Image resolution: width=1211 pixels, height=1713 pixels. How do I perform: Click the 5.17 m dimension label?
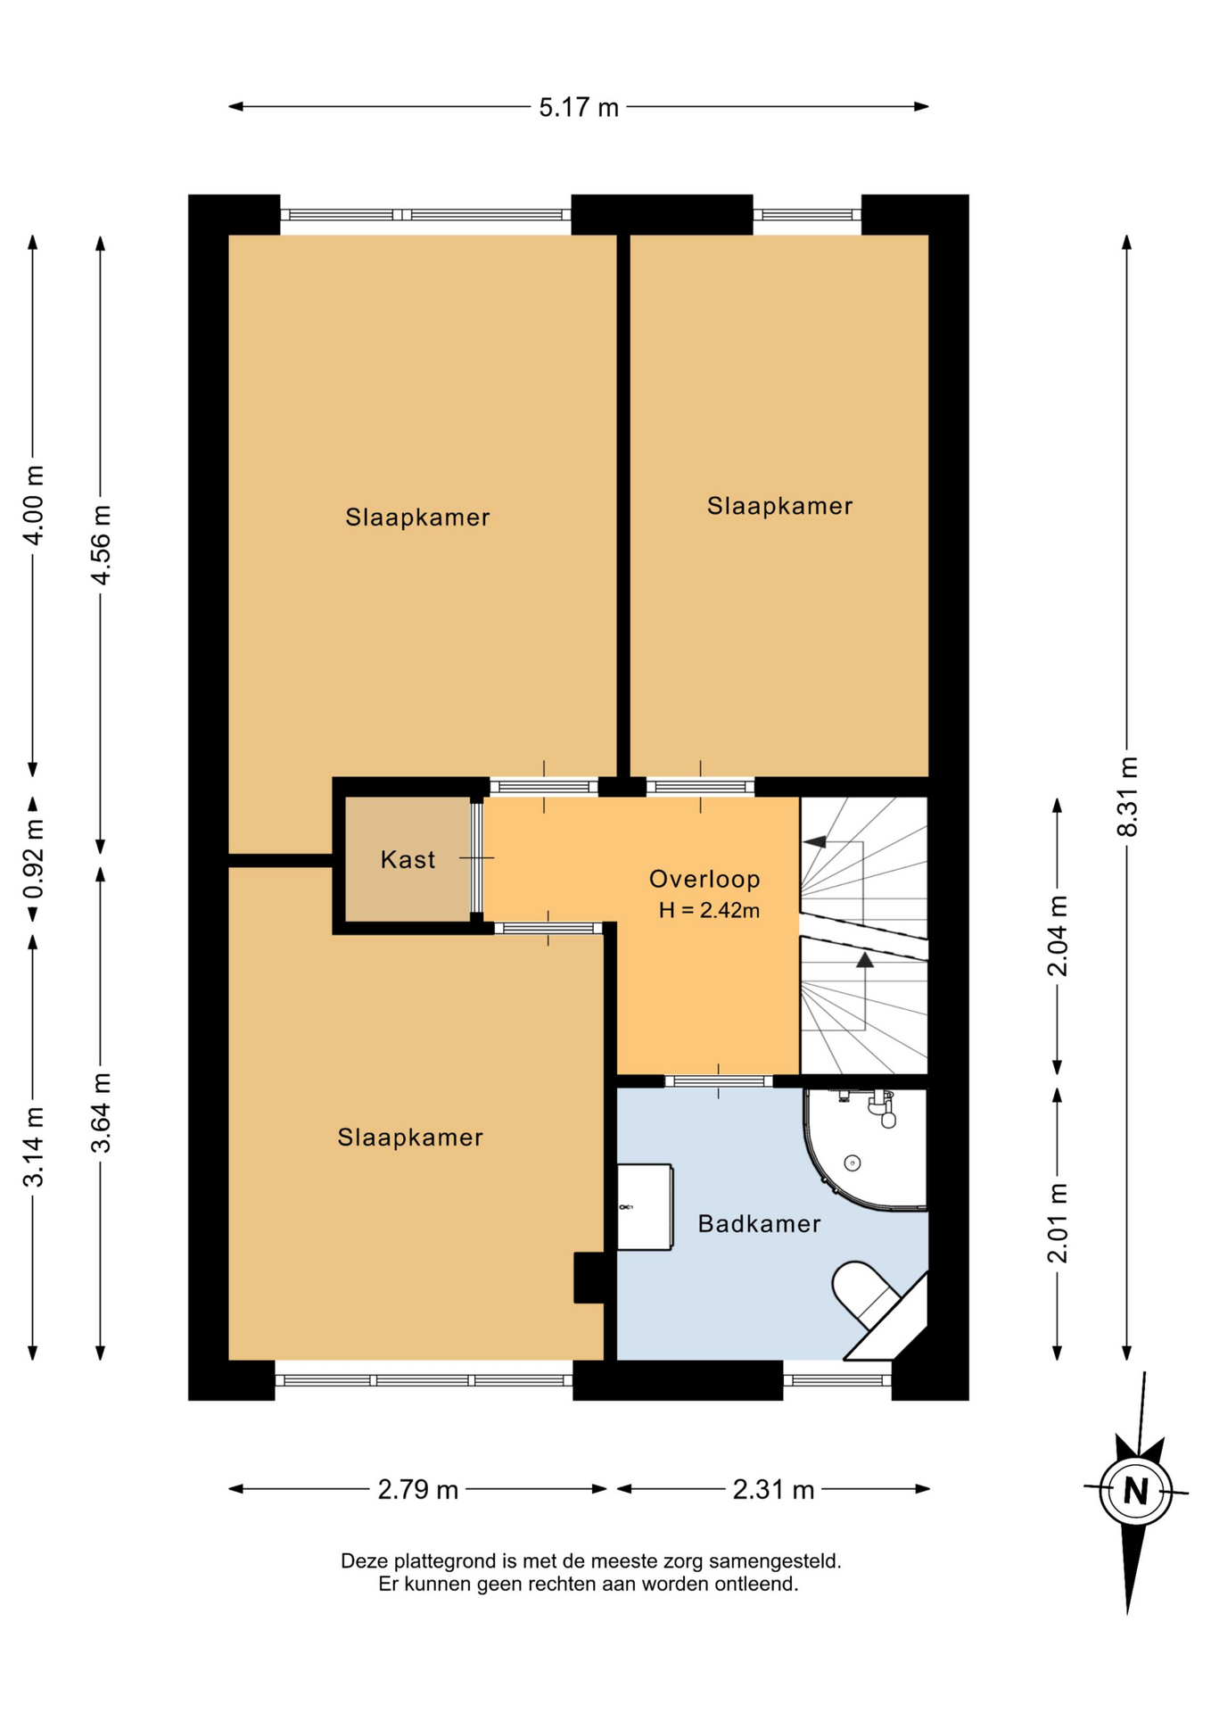click(x=578, y=107)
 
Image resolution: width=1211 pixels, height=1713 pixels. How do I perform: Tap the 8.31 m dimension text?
click(x=1127, y=796)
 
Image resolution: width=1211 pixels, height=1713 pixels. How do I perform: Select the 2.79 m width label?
click(x=417, y=1489)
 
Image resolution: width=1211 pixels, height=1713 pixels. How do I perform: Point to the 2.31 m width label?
click(x=773, y=1489)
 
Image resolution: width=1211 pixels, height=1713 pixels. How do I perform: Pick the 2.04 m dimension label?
click(x=1057, y=935)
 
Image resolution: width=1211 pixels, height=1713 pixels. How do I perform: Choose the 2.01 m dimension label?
click(x=1057, y=1223)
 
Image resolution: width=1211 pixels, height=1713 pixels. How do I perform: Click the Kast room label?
click(x=408, y=859)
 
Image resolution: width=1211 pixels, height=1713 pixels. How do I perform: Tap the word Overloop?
click(x=704, y=879)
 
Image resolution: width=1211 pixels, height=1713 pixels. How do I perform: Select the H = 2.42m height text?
click(x=709, y=910)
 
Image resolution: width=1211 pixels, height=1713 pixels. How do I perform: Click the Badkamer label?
click(x=759, y=1223)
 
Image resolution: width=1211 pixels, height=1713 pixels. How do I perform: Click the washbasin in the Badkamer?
click(x=645, y=1206)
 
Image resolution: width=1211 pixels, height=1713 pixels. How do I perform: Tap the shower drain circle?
click(x=853, y=1163)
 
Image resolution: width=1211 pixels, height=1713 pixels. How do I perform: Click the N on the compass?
click(x=1135, y=1491)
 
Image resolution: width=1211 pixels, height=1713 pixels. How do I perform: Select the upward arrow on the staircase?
click(x=865, y=990)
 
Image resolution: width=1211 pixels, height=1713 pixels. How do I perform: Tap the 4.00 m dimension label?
click(x=33, y=505)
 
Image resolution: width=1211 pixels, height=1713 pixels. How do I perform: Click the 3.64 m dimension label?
click(x=101, y=1113)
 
